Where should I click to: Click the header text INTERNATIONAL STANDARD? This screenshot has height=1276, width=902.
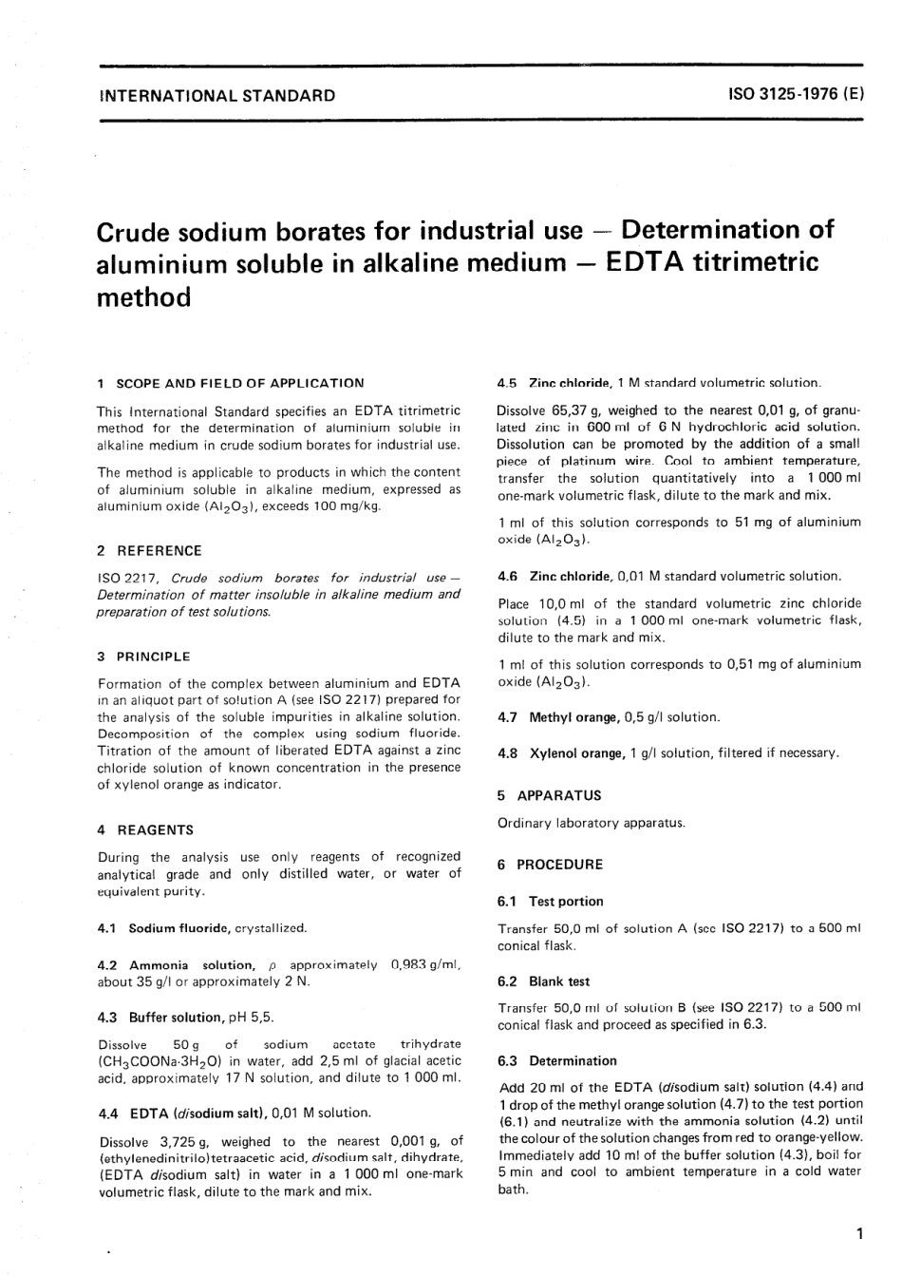click(x=216, y=95)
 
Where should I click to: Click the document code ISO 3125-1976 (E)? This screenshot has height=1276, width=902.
click(x=796, y=95)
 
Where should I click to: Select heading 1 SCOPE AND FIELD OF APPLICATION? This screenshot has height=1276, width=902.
click(x=231, y=383)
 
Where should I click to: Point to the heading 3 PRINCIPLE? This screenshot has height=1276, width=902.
click(x=144, y=657)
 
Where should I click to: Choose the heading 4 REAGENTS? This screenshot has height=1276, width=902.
click(x=145, y=829)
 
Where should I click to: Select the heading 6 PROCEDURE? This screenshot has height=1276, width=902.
click(x=551, y=865)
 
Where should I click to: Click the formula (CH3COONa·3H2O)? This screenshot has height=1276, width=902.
click(x=160, y=1061)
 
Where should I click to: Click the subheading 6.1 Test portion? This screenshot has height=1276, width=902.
click(x=551, y=901)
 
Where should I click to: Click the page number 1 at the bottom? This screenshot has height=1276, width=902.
click(x=858, y=1234)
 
